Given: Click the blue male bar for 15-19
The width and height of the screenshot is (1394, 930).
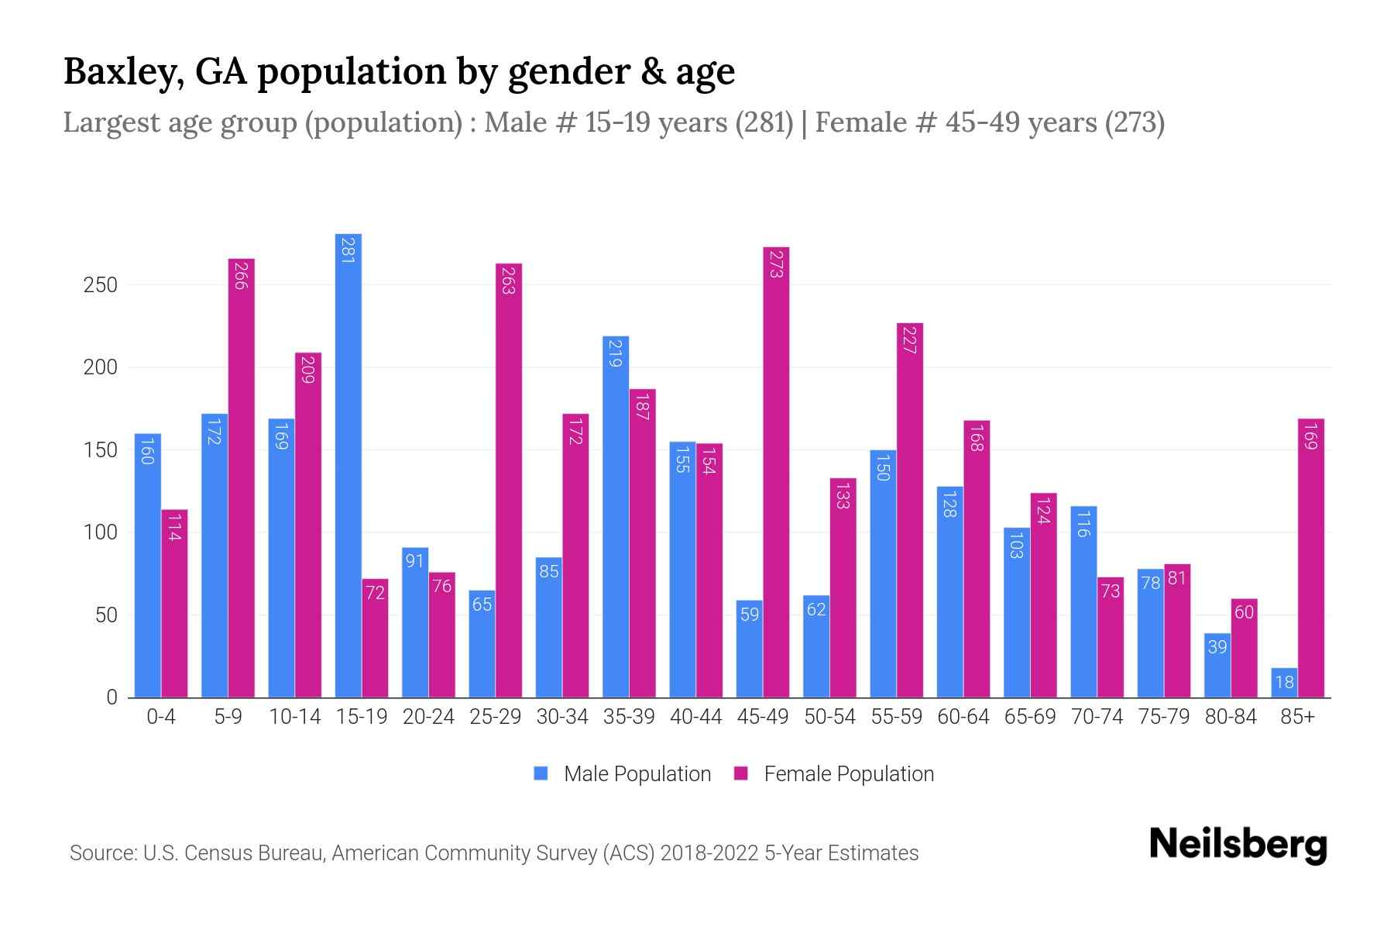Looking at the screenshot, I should coord(348,465).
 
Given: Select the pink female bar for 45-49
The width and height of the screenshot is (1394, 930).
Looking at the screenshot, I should coord(776,473).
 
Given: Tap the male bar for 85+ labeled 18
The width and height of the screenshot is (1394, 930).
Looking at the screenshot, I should coord(1284,683).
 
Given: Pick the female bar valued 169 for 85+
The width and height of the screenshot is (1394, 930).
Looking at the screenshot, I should coord(1311,558).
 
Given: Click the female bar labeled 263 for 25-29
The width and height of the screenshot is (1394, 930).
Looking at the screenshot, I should coord(509,480).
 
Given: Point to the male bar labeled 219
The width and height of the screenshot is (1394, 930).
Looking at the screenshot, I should coord(616,516).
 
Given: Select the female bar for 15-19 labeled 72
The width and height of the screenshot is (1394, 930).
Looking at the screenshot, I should coord(375,638).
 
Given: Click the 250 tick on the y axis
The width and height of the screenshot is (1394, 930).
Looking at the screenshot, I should coord(101,285).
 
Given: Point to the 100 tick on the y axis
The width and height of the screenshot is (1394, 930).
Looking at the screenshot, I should coord(101,533).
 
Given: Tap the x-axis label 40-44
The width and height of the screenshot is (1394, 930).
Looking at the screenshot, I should coord(695,717).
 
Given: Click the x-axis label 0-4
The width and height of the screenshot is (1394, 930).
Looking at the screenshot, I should coord(161,717).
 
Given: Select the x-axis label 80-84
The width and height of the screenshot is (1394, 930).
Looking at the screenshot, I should coord(1231,717).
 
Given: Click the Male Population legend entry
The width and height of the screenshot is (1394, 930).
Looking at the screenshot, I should coord(637,774).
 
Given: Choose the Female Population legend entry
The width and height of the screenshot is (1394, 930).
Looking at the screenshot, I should coord(848,774).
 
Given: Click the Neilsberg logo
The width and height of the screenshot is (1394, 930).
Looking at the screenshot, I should coord(1238,845).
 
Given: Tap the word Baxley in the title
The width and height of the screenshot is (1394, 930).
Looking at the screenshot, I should coord(122,72).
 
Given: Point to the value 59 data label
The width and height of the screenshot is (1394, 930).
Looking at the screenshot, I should coord(750,615).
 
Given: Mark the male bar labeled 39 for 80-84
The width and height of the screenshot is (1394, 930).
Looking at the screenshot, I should coord(1217,665).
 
